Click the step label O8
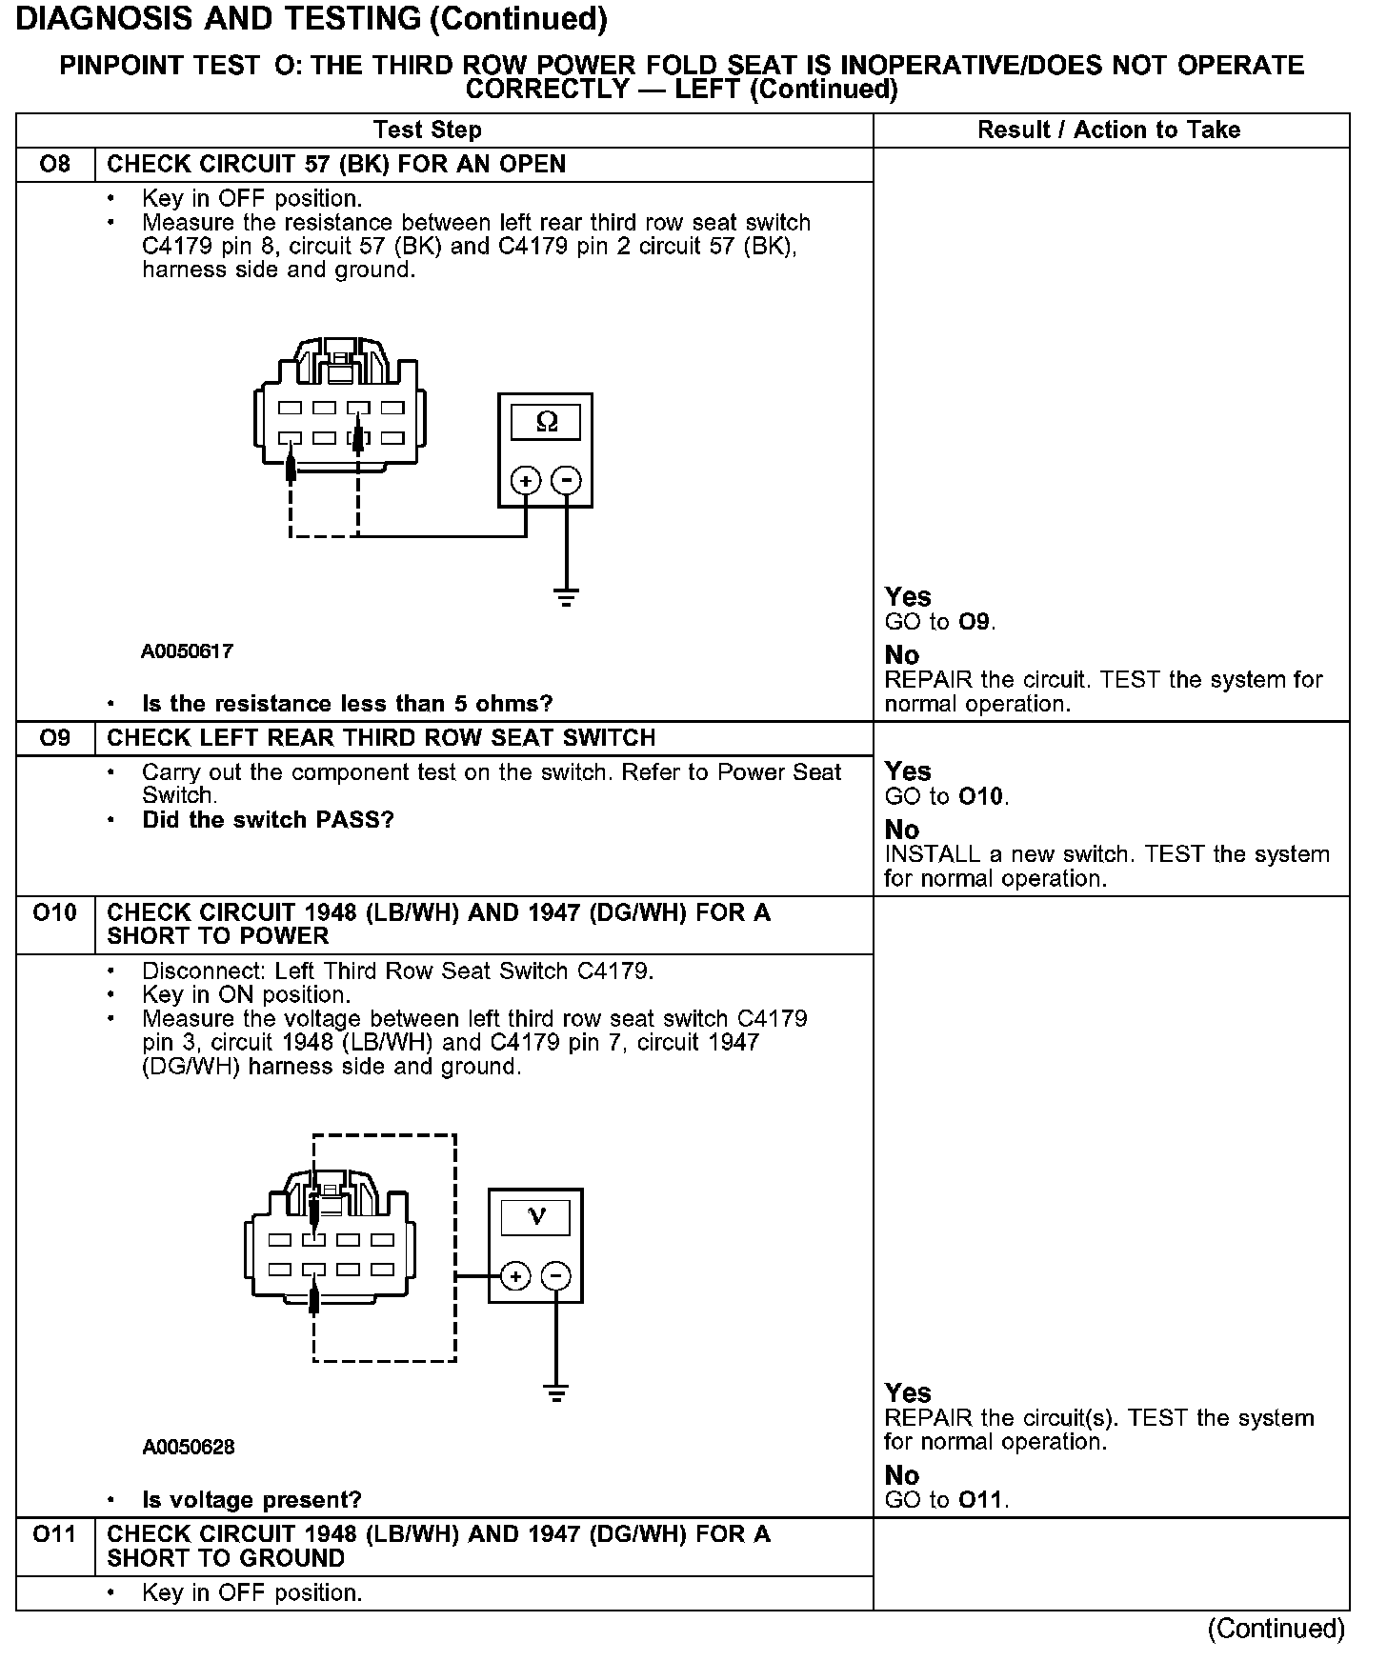point(55,165)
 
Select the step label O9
point(55,739)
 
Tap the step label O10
point(55,913)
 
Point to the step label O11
point(55,1535)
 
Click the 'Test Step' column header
point(428,130)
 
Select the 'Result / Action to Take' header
point(1109,130)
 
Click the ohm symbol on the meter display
point(546,421)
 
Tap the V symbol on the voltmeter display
point(536,1216)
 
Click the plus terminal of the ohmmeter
point(526,480)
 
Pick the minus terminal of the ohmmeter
point(567,480)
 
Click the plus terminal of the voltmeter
point(514,1276)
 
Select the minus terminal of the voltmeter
point(556,1276)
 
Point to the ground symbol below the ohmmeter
point(567,598)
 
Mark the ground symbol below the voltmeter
point(556,1393)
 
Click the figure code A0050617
point(188,652)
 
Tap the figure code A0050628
point(189,1448)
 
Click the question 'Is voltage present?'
point(251,1501)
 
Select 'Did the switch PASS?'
point(268,821)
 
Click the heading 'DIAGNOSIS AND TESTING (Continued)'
point(312,19)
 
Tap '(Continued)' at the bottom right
point(1276,1630)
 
